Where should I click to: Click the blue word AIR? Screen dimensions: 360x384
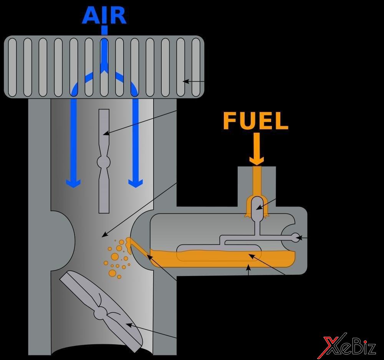(104, 15)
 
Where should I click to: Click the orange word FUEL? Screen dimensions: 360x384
(255, 121)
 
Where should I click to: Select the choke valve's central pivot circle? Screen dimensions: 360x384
(104, 161)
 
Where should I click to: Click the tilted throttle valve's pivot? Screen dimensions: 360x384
(101, 312)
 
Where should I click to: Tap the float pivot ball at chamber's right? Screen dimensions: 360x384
(296, 238)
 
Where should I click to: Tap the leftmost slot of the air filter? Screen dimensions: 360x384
(12, 67)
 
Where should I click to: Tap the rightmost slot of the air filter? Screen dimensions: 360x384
(196, 67)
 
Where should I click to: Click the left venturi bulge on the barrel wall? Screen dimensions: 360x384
(64, 240)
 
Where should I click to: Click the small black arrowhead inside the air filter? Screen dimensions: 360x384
(185, 81)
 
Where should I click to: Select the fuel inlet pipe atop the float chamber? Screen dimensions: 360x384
(257, 180)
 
